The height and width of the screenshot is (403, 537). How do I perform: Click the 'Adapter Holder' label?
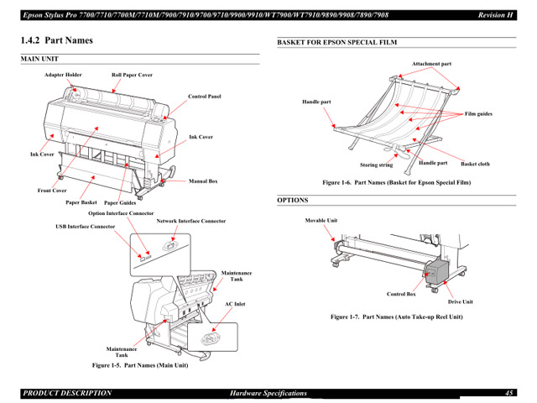coord(63,75)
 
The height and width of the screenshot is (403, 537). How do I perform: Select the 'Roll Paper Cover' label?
coord(132,75)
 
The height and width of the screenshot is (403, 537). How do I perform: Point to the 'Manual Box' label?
coord(203,181)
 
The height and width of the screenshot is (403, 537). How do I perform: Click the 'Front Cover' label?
coord(52,191)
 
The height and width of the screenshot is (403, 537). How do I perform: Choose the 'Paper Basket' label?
coord(81,202)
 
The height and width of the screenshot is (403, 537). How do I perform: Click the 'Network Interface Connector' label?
coord(190,221)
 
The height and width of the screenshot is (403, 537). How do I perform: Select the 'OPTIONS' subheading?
coord(293,200)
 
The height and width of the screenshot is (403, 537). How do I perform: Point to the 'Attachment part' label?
coord(431,64)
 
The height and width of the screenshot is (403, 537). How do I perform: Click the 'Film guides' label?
coord(478,113)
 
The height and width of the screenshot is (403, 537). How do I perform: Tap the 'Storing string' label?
coord(376,165)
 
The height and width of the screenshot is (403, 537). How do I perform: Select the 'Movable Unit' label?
coord(321,220)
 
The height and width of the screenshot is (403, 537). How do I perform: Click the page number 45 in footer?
coord(509,393)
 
